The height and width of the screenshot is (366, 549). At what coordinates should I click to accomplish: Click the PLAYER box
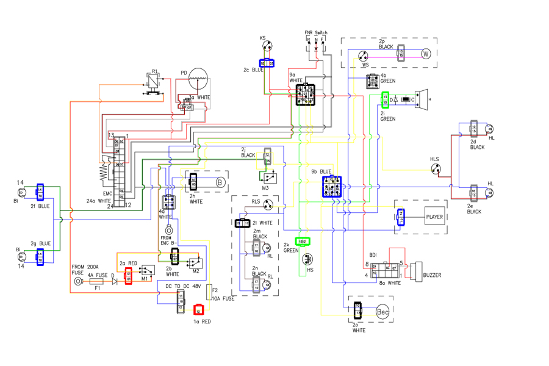tap(434, 217)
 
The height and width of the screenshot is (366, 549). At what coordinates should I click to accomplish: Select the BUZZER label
tap(432, 276)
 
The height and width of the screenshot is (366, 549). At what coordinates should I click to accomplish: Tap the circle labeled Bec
tap(382, 312)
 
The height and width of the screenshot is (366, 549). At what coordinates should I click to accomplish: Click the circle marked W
tap(426, 54)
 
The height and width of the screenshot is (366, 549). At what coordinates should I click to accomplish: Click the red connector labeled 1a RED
tap(198, 310)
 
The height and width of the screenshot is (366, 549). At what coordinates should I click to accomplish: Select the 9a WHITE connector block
tap(306, 95)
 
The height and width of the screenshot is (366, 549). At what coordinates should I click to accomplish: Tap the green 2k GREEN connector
tap(303, 242)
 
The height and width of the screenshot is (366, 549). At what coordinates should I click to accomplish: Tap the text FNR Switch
tap(315, 32)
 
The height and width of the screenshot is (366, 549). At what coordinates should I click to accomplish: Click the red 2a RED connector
tap(129, 276)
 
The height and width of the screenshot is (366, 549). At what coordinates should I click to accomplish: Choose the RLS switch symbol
tap(267, 204)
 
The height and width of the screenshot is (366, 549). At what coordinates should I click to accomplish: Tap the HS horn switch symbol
tap(306, 259)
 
